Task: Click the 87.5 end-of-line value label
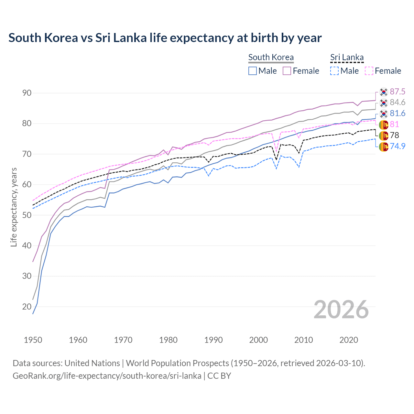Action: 398,92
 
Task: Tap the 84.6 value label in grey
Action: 398,103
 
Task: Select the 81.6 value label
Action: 398,114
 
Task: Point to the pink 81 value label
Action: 394,125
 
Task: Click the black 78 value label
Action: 394,135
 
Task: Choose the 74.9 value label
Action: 398,146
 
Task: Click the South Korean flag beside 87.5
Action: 384,92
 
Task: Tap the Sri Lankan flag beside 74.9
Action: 384,147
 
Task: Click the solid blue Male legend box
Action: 253,71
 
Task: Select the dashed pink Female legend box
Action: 369,71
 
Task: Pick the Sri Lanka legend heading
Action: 347,57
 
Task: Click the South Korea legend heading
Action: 271,57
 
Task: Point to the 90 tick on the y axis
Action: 27,93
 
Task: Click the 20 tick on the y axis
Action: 27,307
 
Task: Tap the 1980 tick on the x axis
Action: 168,340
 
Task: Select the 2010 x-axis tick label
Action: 303,340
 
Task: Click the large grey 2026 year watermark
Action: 341,310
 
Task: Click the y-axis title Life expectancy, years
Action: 14,207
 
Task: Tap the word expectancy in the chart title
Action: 201,38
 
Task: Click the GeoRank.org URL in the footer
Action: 107,376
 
